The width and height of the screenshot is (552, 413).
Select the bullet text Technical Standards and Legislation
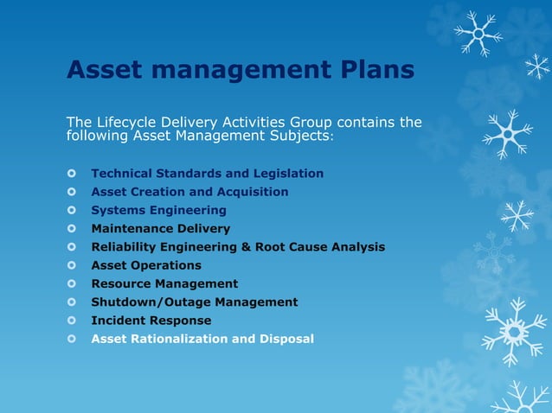coord(208,174)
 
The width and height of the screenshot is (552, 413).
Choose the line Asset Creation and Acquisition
coord(190,192)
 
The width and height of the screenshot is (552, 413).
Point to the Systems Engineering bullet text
coord(159,210)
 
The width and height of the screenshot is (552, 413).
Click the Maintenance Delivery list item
coord(161,229)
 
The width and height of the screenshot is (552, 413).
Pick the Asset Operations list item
coord(146,265)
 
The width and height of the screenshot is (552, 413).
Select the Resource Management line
coord(164,283)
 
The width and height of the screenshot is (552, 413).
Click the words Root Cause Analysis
coord(319,247)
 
